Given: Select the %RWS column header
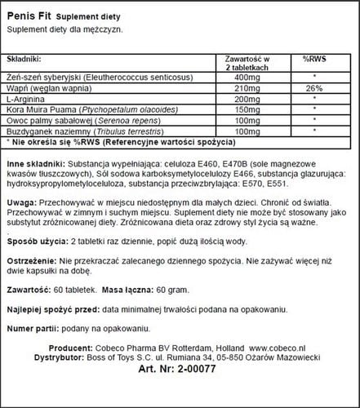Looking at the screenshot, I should pyautogui.click(x=314, y=60).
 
